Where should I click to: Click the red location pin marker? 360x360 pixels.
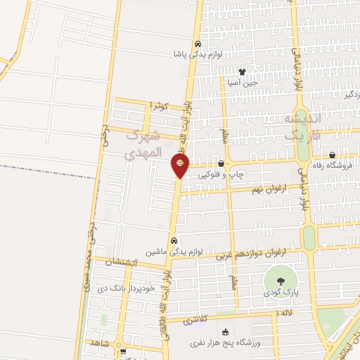point(180,165)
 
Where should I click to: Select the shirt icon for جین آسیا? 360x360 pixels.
point(243,71)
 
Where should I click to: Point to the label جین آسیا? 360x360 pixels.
point(243,82)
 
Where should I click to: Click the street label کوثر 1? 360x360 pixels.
point(161,105)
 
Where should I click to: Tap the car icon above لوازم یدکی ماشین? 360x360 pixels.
point(174,240)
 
